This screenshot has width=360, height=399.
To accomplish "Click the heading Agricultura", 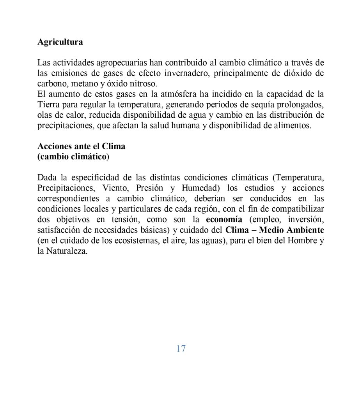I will click(60, 42).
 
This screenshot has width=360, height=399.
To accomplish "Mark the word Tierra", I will click(48, 105).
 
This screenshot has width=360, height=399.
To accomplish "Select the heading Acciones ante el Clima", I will click(81, 147).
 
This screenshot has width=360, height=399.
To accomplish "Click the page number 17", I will click(181, 349).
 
